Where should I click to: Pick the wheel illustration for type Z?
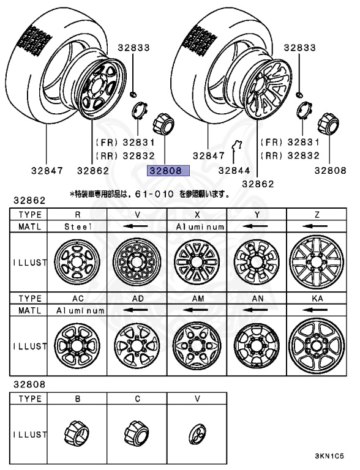pos(317,260)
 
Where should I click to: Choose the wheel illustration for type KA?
pos(317,346)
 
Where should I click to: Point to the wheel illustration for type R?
pos(77,260)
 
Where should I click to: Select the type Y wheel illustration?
pos(257,260)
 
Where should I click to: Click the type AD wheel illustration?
pos(137,346)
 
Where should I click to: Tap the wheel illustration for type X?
pos(197,260)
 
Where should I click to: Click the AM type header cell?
pos(197,299)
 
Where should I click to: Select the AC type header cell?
pos(77,299)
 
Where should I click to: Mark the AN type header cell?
pos(257,299)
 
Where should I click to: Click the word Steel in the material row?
pos(77,226)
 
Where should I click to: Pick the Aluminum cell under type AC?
pos(77,310)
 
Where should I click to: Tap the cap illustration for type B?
pos(77,434)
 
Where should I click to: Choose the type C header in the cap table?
pos(137,398)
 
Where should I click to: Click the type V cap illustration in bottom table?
pos(197,434)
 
